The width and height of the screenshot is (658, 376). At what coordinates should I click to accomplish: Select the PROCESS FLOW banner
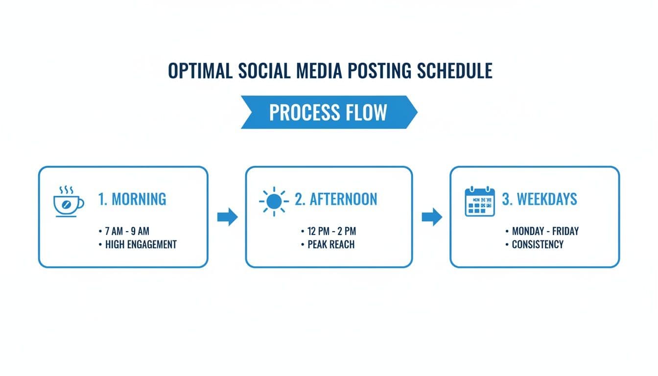(x=328, y=112)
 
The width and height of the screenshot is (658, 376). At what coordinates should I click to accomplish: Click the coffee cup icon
(x=68, y=205)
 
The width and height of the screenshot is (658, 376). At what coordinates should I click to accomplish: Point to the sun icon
(x=274, y=201)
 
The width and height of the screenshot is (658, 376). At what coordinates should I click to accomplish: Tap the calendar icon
(x=479, y=202)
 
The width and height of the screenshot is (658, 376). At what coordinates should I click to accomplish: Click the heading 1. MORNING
(x=132, y=199)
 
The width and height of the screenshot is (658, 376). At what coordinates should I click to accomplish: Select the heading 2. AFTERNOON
(x=336, y=199)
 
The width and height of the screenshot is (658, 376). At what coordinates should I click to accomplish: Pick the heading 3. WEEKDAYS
(x=540, y=199)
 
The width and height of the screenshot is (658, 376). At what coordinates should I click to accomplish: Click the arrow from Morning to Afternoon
(x=227, y=216)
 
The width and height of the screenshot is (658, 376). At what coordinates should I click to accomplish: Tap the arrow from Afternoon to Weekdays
(x=431, y=216)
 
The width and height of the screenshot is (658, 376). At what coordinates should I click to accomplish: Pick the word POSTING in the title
(x=379, y=71)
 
